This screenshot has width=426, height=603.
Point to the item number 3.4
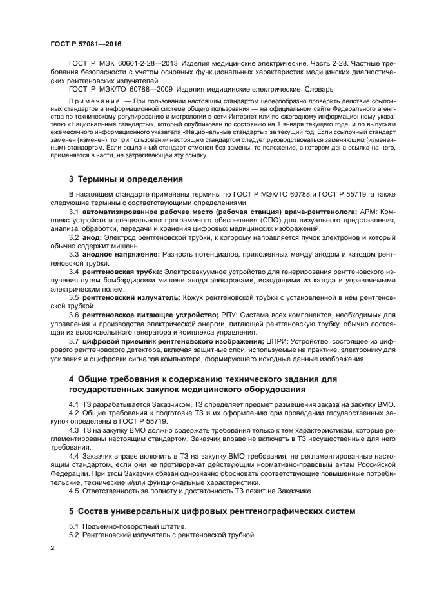74,272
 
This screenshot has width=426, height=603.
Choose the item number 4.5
74,491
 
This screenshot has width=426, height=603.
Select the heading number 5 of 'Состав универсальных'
72,511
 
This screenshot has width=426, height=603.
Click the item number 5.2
74,535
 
